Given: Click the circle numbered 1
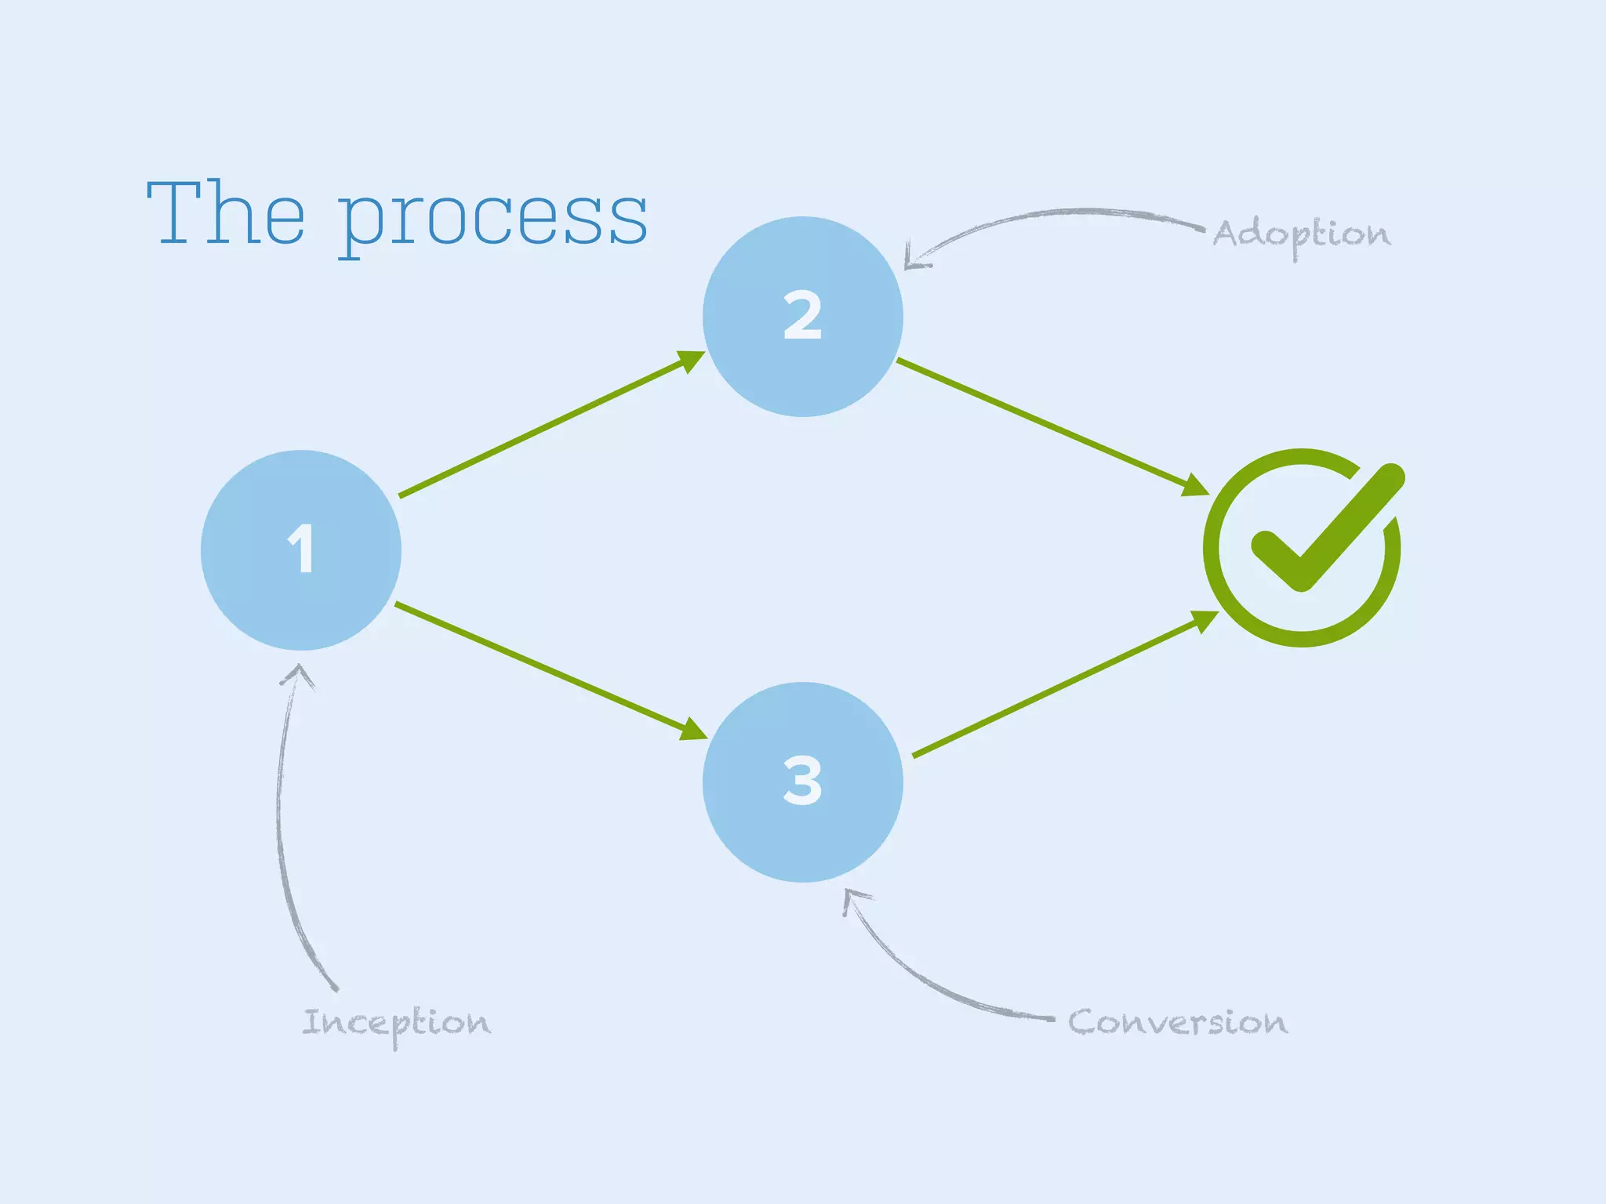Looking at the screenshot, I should pos(301,550).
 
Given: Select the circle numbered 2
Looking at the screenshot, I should pos(802,317).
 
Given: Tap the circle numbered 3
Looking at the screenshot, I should pos(802,782).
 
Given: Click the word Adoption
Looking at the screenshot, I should pos(1301,234).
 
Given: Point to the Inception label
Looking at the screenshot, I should pos(396,1023).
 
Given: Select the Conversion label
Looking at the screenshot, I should pos(1177,1022).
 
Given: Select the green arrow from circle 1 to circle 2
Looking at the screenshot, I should pos(549,426).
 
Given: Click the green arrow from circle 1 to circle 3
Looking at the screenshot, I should pos(549,670).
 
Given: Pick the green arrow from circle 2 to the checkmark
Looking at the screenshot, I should pos(1051,426).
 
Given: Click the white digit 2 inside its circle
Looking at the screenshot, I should pos(802,316).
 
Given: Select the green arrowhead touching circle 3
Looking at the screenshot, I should pos(693,730).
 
